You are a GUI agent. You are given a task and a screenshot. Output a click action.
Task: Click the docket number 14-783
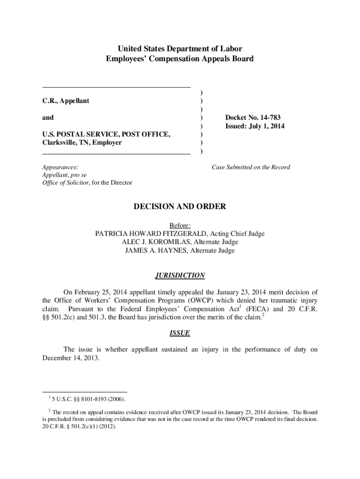(x=269, y=117)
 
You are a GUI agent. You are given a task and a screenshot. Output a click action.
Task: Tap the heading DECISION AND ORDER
(x=180, y=206)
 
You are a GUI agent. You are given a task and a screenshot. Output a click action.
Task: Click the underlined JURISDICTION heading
(x=180, y=276)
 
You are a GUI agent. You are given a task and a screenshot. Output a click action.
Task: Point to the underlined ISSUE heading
(x=180, y=334)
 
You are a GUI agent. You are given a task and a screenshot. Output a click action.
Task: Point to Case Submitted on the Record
(x=251, y=167)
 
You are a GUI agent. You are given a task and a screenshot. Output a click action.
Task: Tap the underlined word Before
(x=180, y=225)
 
